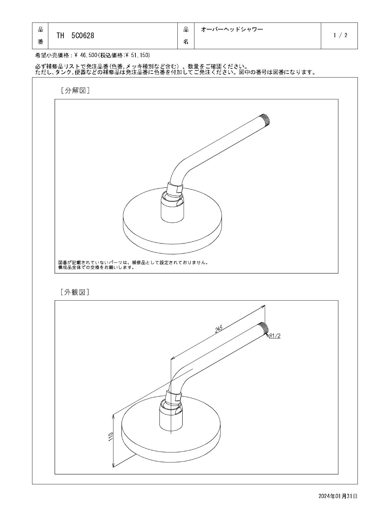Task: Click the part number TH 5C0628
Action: (75, 36)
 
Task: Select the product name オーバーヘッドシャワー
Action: (232, 29)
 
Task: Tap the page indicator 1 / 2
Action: (340, 35)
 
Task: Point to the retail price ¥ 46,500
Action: (86, 55)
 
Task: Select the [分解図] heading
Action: (75, 90)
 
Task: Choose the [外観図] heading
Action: (75, 292)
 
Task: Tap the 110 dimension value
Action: (110, 437)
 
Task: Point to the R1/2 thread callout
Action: (275, 336)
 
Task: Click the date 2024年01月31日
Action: (338, 496)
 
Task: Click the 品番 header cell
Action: (40, 36)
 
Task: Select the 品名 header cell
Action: (186, 36)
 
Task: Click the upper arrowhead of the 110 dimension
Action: (113, 417)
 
